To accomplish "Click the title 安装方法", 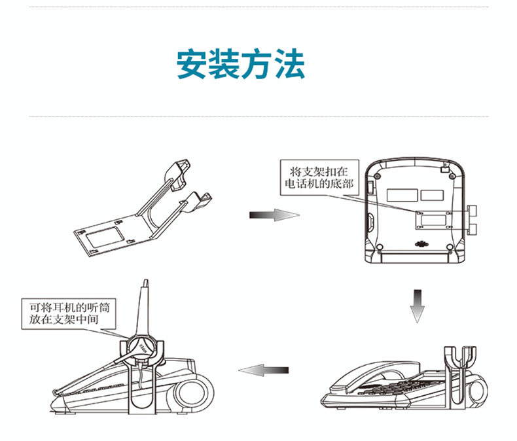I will tap(241, 64).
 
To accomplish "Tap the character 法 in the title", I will tap(290, 64).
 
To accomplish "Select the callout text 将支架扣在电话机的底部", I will tap(318, 177).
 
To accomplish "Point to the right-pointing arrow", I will tap(274, 215).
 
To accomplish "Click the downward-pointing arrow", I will tap(418, 305).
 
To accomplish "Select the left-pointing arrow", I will tap(264, 370).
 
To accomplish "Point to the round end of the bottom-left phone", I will tap(196, 395).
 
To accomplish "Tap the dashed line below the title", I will tap(258, 116).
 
